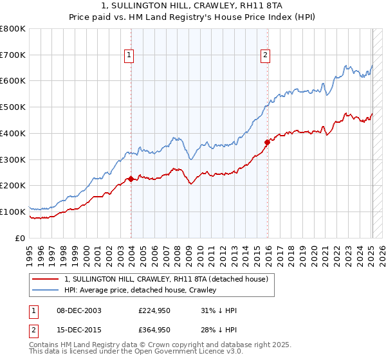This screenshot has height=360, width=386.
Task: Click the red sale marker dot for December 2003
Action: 131,179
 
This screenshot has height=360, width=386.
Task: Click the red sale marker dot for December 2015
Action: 267,142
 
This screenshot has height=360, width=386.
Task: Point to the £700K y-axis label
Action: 14,55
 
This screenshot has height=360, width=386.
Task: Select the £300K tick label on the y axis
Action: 14,159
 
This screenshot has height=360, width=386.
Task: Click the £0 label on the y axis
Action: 20,238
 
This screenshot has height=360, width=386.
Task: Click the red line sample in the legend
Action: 45,279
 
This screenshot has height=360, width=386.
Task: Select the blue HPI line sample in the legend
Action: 45,290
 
